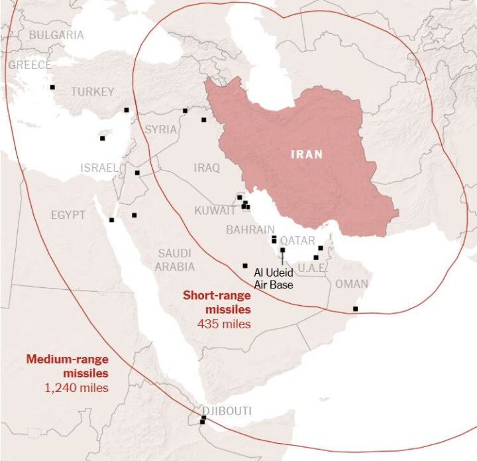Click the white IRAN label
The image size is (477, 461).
click(x=307, y=155)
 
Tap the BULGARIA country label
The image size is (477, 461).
click(x=56, y=34)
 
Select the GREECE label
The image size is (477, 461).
click(x=30, y=65)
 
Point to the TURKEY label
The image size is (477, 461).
click(x=93, y=92)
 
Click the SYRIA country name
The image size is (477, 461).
click(x=161, y=129)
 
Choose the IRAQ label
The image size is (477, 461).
click(x=207, y=168)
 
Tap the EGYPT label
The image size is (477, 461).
click(x=68, y=215)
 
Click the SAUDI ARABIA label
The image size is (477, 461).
click(x=175, y=260)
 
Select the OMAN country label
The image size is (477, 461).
click(x=352, y=284)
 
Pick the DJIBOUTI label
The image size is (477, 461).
click(x=227, y=411)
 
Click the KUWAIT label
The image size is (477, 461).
click(x=215, y=210)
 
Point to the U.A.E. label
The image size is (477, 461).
click(x=312, y=269)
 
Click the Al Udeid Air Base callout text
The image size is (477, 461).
click(x=274, y=278)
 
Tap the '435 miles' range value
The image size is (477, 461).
click(x=224, y=324)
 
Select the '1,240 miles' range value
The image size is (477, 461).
click(x=76, y=387)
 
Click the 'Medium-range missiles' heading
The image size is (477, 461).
click(x=68, y=365)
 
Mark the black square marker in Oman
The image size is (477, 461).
click(x=356, y=308)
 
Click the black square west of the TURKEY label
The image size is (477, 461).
click(x=52, y=87)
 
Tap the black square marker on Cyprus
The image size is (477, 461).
click(x=102, y=138)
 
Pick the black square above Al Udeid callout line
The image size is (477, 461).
click(x=283, y=250)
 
